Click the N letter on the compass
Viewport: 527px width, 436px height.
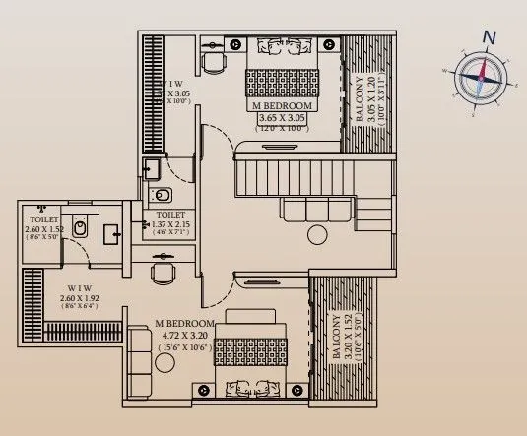click(x=489, y=37)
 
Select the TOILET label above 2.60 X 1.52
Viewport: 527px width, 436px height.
click(x=43, y=220)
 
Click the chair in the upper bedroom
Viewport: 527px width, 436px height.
click(x=212, y=61)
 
